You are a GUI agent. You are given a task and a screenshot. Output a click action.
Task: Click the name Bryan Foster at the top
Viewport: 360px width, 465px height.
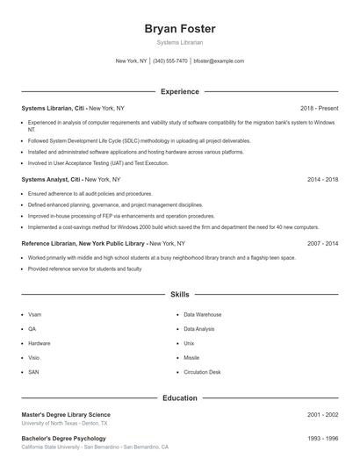coord(179,29)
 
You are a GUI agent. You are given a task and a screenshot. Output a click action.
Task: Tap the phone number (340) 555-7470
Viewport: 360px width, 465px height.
coord(169,61)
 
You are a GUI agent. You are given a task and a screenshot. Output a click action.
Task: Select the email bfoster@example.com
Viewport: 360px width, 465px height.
coord(219,61)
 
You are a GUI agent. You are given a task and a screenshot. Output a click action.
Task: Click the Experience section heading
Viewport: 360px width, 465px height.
coord(179,91)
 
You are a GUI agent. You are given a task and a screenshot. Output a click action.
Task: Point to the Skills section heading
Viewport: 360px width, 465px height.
coord(179,296)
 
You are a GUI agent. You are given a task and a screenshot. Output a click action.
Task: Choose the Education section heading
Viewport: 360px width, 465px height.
coord(179,397)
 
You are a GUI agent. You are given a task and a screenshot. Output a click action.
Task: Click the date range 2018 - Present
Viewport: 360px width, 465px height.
coord(319,108)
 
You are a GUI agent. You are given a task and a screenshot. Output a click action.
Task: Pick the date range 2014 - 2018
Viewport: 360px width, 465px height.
coord(322,179)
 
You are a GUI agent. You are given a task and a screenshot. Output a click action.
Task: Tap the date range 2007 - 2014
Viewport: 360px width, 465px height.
coord(322,243)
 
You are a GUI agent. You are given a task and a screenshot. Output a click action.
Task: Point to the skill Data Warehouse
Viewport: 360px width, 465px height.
coord(202,314)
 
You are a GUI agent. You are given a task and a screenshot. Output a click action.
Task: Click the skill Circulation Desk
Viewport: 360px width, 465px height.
coord(202,372)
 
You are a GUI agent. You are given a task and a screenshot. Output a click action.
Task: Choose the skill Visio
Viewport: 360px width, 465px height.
coord(33,358)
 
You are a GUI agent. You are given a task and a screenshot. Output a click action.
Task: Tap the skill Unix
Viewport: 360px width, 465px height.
coord(189,343)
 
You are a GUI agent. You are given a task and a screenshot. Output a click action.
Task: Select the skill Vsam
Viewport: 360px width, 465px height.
coord(34,314)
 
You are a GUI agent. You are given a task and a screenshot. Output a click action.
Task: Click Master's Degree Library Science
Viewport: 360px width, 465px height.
coord(66,414)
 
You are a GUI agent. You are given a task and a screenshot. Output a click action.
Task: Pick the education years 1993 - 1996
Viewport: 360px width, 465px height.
coord(322,438)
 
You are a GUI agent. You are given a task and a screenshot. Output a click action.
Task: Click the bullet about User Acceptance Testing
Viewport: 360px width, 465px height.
coord(97,162)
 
